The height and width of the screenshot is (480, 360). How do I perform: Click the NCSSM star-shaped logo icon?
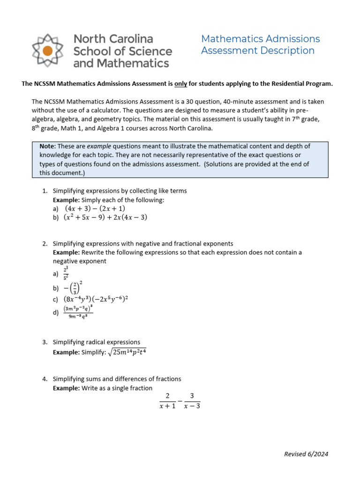pyautogui.click(x=48, y=51)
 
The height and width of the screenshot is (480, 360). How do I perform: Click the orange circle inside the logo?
pyautogui.click(x=48, y=51)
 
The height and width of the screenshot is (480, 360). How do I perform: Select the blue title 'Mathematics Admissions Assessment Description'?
pyautogui.click(x=260, y=45)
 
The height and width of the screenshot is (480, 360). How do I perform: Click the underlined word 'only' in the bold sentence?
pyautogui.click(x=180, y=84)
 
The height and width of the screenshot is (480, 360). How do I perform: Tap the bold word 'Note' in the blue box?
pyautogui.click(x=47, y=147)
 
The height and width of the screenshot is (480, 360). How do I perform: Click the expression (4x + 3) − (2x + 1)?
pyautogui.click(x=95, y=209)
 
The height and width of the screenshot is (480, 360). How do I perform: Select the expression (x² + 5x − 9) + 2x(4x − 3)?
pyautogui.click(x=105, y=217)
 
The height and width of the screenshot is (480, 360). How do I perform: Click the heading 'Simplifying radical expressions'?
pyautogui.click(x=96, y=342)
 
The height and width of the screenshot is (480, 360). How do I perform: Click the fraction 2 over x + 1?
pyautogui.click(x=167, y=401)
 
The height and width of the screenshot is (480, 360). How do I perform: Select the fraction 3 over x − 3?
pyautogui.click(x=192, y=401)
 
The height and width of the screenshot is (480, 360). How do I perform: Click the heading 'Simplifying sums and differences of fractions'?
pyautogui.click(x=117, y=379)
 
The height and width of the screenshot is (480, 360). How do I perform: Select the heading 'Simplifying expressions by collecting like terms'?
pyautogui.click(x=120, y=191)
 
